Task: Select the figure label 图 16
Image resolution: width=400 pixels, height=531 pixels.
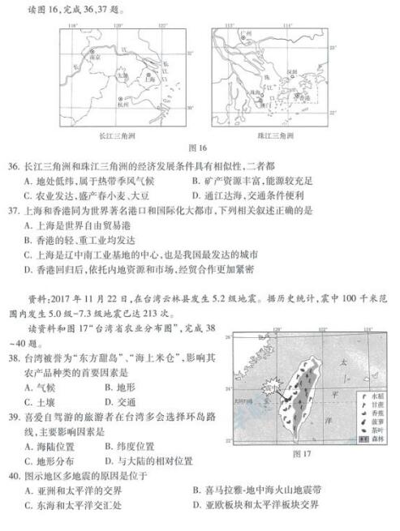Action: pyautogui.click(x=198, y=149)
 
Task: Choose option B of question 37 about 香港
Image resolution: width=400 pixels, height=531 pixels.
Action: pyautogui.click(x=77, y=240)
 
